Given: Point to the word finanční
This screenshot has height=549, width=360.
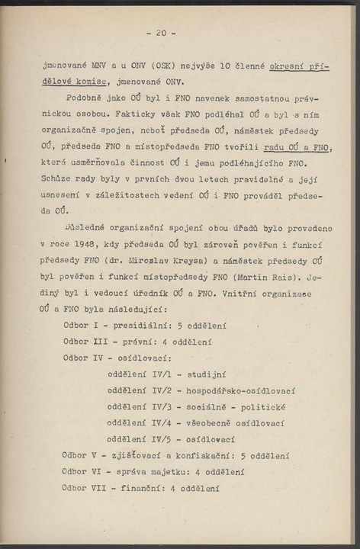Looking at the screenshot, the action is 142,487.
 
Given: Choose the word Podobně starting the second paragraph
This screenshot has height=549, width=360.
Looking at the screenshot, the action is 85,101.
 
